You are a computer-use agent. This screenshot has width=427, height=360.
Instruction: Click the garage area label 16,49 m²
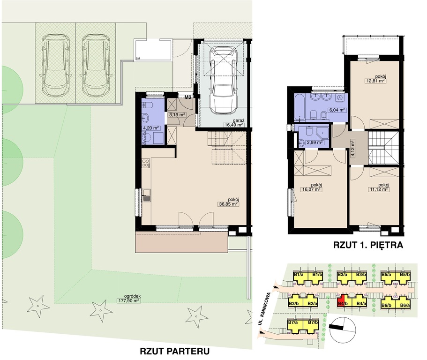click(x=233, y=125)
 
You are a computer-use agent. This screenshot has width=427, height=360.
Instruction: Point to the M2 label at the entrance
click(x=188, y=97)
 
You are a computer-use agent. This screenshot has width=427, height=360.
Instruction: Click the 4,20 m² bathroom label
click(x=151, y=127)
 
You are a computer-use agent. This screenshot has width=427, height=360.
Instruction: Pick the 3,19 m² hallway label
click(x=177, y=115)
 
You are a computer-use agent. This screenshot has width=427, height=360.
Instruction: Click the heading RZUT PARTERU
click(x=174, y=351)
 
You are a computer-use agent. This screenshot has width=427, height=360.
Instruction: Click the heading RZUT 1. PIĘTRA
click(x=368, y=245)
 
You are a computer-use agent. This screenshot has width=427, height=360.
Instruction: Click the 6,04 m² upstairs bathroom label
click(x=337, y=110)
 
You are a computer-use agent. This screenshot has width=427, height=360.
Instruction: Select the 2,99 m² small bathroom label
click(x=315, y=142)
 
